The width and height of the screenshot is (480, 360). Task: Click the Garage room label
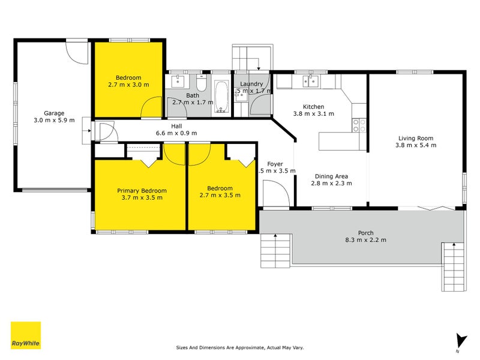(53, 113)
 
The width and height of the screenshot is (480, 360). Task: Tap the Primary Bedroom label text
(142, 191)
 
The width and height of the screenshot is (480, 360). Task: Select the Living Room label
(416, 137)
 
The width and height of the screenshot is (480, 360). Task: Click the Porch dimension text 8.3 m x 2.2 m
(365, 240)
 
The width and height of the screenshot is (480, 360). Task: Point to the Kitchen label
(313, 106)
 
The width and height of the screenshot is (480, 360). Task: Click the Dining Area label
(332, 176)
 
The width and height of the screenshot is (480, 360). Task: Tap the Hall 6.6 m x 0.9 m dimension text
(176, 133)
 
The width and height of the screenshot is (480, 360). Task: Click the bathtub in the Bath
(220, 96)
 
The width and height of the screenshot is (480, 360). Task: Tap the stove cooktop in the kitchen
(359, 125)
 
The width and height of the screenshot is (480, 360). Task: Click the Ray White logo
(26, 335)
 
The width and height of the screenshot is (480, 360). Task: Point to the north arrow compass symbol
(460, 341)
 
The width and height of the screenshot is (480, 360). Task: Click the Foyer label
(275, 163)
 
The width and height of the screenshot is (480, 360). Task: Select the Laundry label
(251, 84)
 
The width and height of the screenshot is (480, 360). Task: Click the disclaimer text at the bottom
(239, 347)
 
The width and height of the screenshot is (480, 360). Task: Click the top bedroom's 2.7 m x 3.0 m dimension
(128, 85)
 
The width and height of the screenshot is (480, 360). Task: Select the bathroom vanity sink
(178, 80)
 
